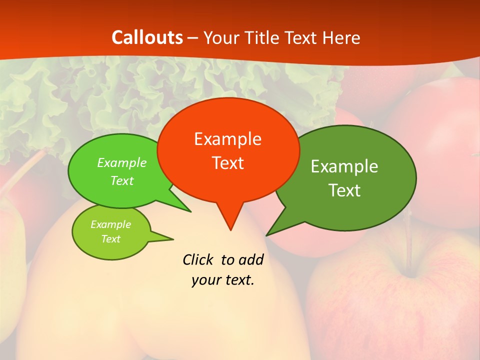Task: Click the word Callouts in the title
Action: tap(147, 37)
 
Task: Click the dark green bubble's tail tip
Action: tap(267, 235)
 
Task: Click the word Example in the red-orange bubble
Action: tap(227, 139)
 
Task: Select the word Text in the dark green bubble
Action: tap(344, 190)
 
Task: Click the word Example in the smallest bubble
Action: tap(110, 224)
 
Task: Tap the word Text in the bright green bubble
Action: tap(122, 180)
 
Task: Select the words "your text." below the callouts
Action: tap(222, 280)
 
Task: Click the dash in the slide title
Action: tap(193, 38)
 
